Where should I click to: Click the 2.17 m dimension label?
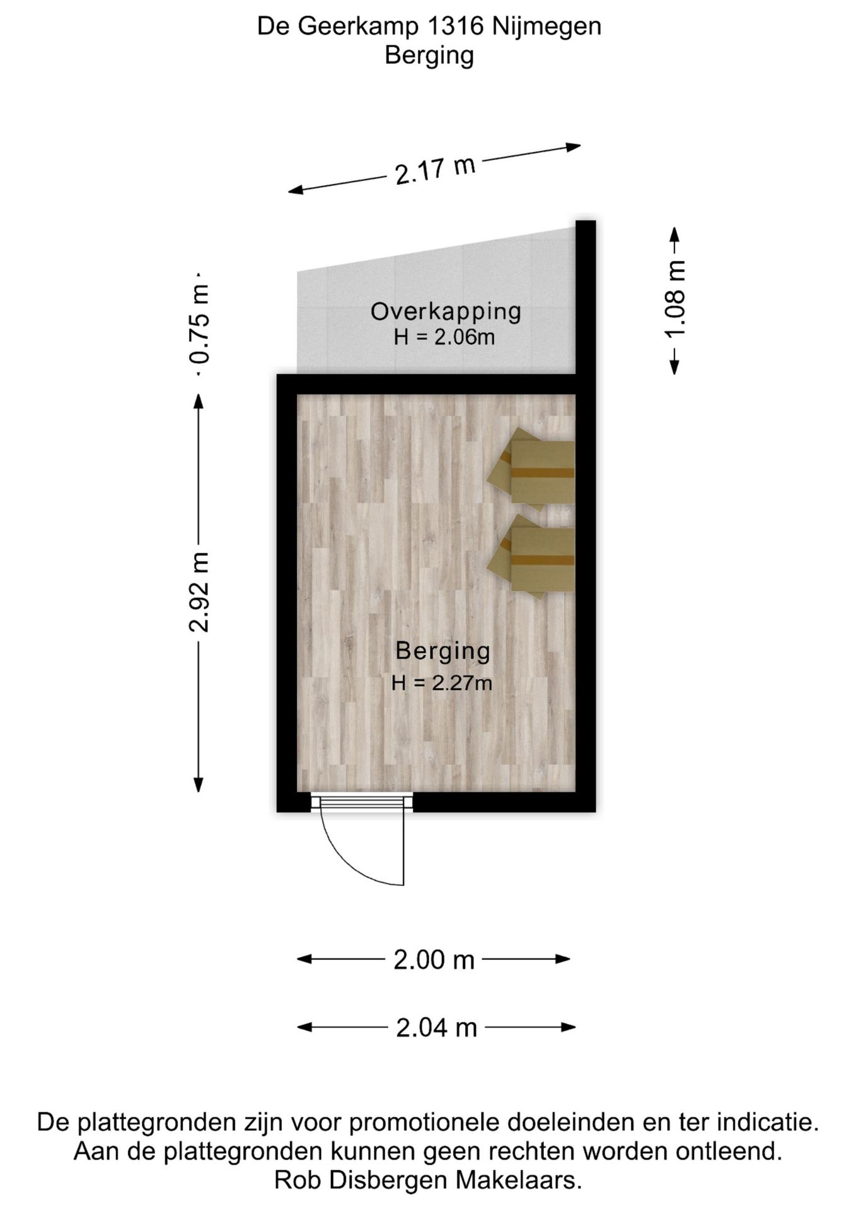[x=435, y=170]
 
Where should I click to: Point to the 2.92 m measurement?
[x=199, y=592]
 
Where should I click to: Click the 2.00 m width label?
[x=434, y=960]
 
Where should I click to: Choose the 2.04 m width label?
[x=436, y=1028]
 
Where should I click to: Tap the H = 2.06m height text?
[x=444, y=338]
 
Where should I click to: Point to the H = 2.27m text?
[x=441, y=683]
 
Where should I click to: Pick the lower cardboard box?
[x=531, y=556]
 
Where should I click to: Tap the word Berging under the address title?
[x=429, y=56]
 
